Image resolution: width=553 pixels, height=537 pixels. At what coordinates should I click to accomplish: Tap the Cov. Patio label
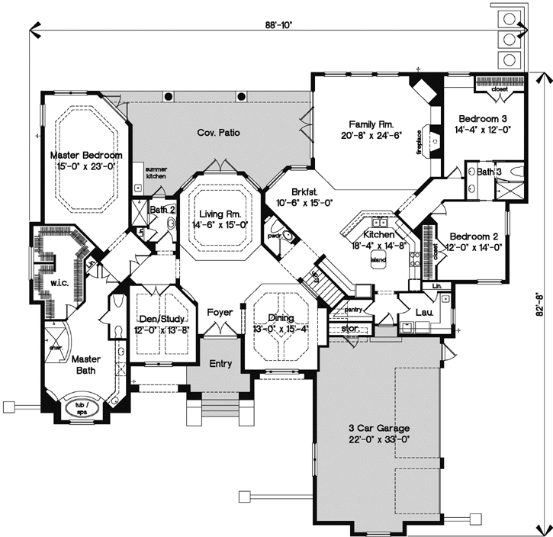(218, 133)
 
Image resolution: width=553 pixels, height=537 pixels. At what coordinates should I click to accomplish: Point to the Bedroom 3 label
(483, 118)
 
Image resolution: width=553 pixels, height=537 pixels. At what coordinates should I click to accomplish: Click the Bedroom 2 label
(473, 236)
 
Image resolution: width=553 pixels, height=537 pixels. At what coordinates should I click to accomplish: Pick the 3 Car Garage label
(375, 427)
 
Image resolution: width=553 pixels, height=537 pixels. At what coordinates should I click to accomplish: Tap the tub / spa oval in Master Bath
(81, 406)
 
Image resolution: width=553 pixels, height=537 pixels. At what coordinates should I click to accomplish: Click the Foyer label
(220, 311)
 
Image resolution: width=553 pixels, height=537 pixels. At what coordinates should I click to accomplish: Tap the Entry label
(220, 364)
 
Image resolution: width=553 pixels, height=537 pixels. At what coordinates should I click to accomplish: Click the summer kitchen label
(156, 172)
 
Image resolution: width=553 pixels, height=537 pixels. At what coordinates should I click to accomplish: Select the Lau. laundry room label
(424, 311)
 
